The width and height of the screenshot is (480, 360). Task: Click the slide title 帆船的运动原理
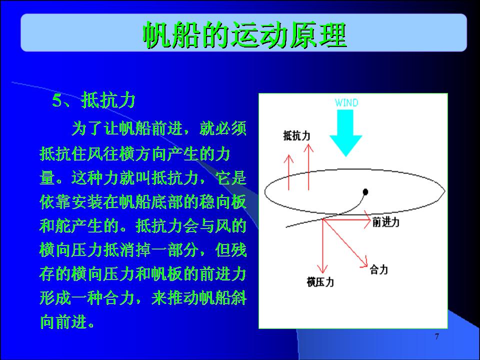(244, 34)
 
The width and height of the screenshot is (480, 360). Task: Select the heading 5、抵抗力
(93, 100)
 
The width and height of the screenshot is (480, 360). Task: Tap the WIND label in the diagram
(346, 102)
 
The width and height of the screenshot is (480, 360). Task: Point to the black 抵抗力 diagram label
(296, 135)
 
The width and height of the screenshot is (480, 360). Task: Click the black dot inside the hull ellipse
(365, 192)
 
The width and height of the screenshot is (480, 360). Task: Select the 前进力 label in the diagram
(385, 222)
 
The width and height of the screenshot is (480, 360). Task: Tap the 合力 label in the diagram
(379, 269)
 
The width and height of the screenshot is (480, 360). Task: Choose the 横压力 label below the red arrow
(320, 282)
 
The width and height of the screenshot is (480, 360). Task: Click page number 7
(437, 336)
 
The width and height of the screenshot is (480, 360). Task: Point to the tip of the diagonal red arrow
(367, 267)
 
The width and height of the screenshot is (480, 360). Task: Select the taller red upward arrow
(308, 167)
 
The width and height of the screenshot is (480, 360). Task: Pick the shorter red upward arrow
(288, 172)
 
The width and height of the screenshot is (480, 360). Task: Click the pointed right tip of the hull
(445, 191)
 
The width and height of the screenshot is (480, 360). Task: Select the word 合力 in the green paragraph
(119, 297)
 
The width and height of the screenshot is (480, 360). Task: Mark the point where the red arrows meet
(322, 219)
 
